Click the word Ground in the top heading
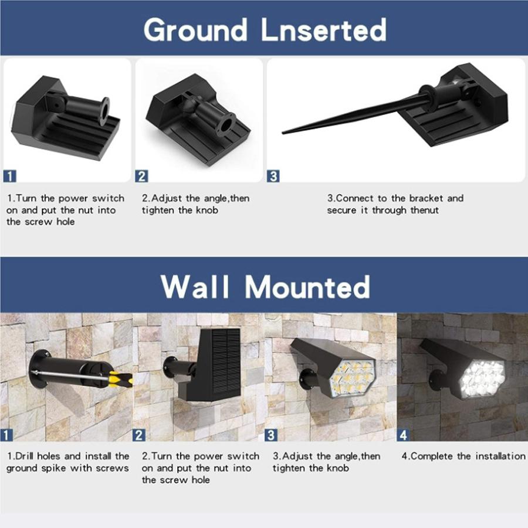[x=196, y=29]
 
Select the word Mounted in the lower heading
[x=307, y=287]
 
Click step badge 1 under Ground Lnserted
[x=10, y=175]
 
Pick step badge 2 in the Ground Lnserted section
[x=141, y=175]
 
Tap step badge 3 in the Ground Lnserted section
[x=273, y=175]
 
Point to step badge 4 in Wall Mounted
[x=404, y=435]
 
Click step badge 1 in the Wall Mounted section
[x=7, y=435]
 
